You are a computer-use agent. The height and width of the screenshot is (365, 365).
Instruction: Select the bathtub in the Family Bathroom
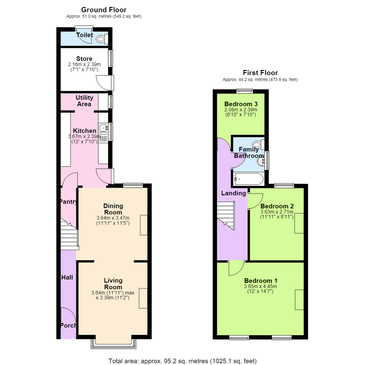(x=249, y=179)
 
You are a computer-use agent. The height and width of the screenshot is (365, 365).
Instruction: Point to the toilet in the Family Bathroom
(x=259, y=145)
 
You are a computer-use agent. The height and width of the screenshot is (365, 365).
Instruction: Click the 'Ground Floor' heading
(x=104, y=10)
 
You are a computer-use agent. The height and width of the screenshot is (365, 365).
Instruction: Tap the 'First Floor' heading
(x=260, y=73)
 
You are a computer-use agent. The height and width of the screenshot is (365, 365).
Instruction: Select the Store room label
(x=84, y=59)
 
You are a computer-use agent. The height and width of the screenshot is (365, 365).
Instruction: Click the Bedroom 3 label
(x=241, y=104)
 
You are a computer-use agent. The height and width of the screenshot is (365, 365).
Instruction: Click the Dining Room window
(x=133, y=185)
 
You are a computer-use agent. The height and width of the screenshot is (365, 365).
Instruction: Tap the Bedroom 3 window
(x=244, y=91)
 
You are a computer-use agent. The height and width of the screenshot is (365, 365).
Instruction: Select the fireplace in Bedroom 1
(x=299, y=300)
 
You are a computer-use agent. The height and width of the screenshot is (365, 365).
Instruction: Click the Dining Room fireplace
(x=144, y=225)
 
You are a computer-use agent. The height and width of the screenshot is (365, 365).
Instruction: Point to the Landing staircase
(x=226, y=216)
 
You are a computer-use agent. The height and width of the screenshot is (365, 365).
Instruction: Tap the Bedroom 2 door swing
(x=255, y=201)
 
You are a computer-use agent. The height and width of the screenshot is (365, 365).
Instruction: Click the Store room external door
(x=105, y=83)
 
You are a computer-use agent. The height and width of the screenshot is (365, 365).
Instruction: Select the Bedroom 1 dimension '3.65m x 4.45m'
(x=260, y=286)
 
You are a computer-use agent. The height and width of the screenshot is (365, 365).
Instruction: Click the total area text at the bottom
(x=182, y=361)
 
